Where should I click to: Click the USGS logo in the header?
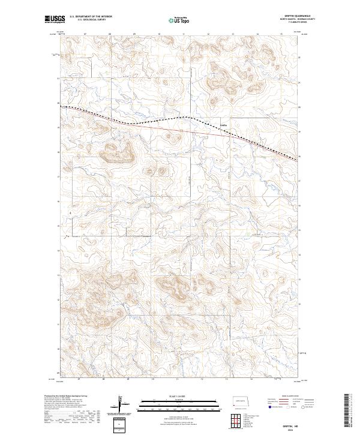(x=55, y=20)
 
